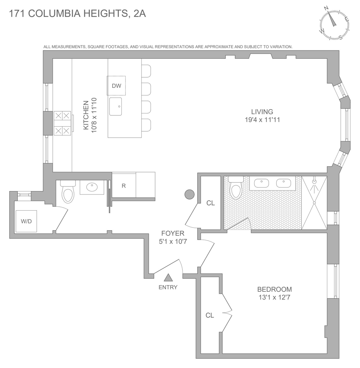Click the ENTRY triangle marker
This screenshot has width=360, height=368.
168,278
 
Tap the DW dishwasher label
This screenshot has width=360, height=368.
117,86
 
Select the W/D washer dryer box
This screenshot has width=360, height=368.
26,221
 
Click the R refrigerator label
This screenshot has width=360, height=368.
124,186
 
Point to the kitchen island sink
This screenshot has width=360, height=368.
116,106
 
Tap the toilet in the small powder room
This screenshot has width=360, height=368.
68,192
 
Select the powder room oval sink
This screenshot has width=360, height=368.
92,187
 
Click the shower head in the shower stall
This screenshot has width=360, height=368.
314,181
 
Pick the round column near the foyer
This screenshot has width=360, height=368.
190,194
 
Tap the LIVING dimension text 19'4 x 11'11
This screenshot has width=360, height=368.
262,120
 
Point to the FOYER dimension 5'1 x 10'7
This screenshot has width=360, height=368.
173,241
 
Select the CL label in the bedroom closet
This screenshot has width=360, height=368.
210,316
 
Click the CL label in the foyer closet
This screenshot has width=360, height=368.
211,203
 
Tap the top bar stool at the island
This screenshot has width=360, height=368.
146,71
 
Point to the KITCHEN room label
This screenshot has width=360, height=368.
86,115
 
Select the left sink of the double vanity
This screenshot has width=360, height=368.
262,183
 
